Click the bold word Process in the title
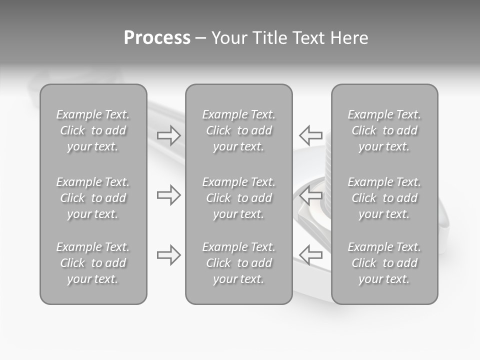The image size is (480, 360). coord(157,38)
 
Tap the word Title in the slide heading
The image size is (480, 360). coord(268,38)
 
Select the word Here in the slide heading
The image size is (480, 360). coord(348,38)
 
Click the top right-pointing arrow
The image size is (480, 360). coord(168,135)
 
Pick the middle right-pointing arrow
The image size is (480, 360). coord(168,195)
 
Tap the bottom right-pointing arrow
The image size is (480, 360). coord(168,255)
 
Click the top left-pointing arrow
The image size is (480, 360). coord(310,135)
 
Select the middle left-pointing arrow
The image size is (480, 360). coord(310,195)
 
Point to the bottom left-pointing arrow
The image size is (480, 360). coord(310,255)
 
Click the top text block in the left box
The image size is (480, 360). coord(93,130)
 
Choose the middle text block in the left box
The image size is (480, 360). coord(93,198)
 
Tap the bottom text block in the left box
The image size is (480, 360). coord(93,263)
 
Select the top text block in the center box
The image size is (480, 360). coord(239,130)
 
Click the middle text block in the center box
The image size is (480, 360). coord(239,198)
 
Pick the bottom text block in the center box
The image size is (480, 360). coord(239,263)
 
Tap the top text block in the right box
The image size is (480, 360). coord(384,130)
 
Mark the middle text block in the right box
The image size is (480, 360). coord(384,198)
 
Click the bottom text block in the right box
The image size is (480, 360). coord(384,263)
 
